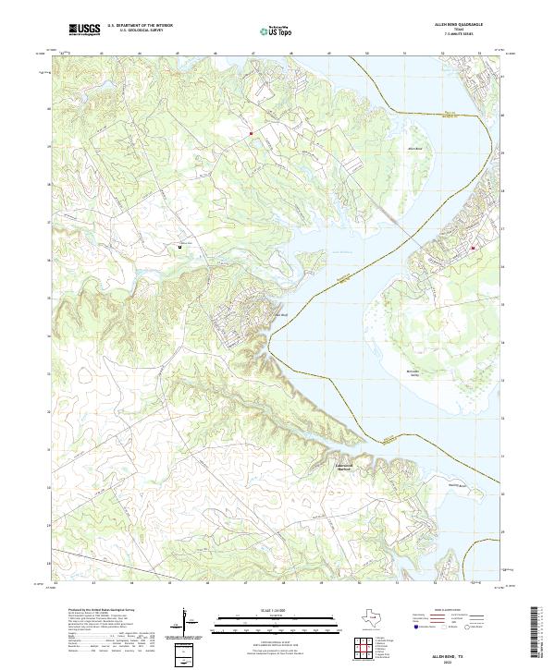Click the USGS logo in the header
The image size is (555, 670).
tap(84, 30)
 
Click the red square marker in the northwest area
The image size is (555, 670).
tap(250, 133)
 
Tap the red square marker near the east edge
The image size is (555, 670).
tap(473, 248)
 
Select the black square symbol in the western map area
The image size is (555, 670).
tap(179, 247)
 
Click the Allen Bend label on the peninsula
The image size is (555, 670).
tap(414, 147)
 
